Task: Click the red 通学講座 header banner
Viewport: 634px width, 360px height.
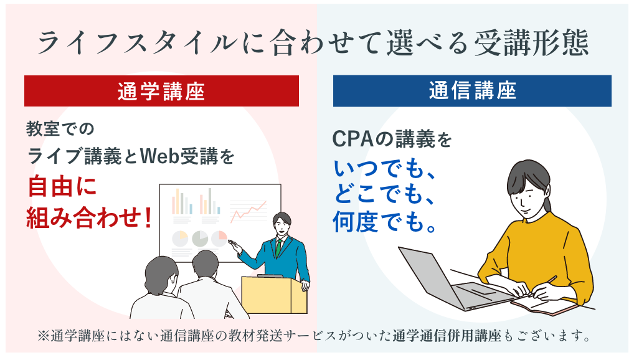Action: tap(161, 92)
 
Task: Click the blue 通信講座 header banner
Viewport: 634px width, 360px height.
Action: tap(472, 91)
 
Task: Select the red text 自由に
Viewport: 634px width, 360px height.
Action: tap(62, 187)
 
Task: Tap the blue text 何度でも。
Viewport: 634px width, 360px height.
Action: tap(383, 220)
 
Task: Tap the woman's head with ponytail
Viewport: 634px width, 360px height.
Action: tap(529, 184)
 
